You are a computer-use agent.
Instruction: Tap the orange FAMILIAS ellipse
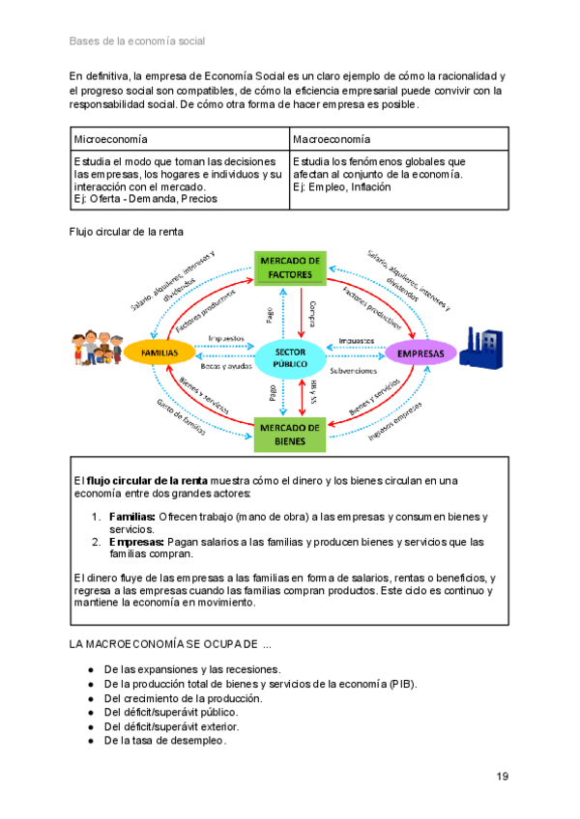tap(159, 353)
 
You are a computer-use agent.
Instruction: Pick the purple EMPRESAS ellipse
tap(420, 353)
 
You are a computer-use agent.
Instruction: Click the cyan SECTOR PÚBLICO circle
tap(290, 357)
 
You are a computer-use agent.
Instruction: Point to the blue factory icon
tap(480, 346)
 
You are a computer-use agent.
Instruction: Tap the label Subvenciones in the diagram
tap(354, 369)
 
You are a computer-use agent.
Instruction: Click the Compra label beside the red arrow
tap(312, 314)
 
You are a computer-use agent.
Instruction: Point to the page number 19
tap(502, 777)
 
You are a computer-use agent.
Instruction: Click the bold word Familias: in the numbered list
tap(131, 517)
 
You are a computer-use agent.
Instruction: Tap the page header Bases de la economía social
tap(136, 42)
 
